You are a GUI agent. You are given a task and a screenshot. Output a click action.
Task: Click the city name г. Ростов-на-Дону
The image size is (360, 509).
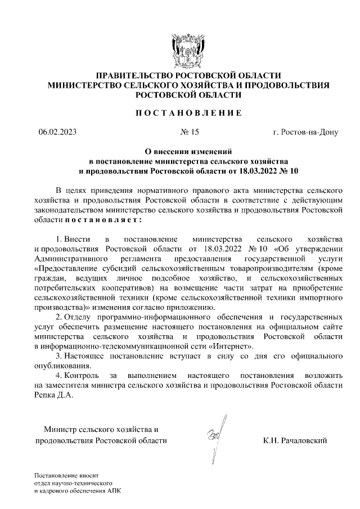click(x=305, y=133)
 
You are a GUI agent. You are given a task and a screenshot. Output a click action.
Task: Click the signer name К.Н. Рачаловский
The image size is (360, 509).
click(x=294, y=440)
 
